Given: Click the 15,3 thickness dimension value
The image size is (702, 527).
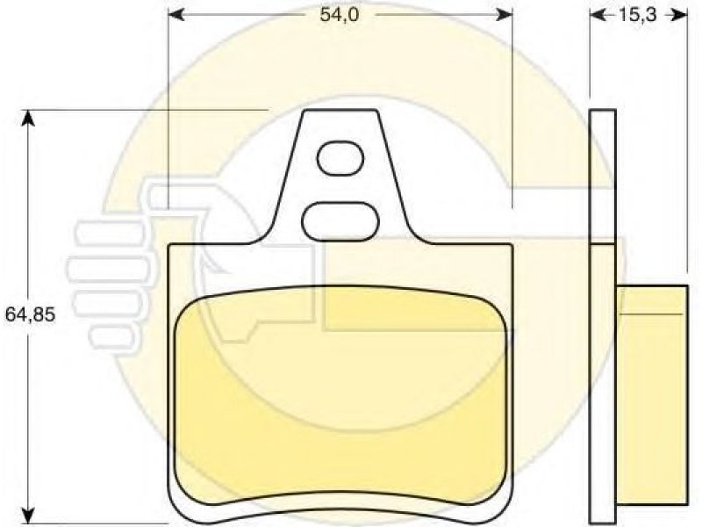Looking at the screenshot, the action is [x=638, y=15].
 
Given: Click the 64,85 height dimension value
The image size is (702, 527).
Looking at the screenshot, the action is [x=30, y=314].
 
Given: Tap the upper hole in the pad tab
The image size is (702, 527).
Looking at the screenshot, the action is [x=340, y=158].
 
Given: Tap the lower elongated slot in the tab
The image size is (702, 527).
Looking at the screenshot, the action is [x=340, y=222].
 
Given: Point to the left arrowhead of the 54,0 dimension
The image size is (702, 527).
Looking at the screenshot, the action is [x=175, y=15].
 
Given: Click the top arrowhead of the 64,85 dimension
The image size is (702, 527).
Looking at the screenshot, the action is [x=29, y=118].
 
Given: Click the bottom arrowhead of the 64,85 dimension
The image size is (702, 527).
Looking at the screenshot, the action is [x=29, y=516].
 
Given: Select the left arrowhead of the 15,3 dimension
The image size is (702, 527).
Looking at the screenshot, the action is [x=598, y=15].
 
